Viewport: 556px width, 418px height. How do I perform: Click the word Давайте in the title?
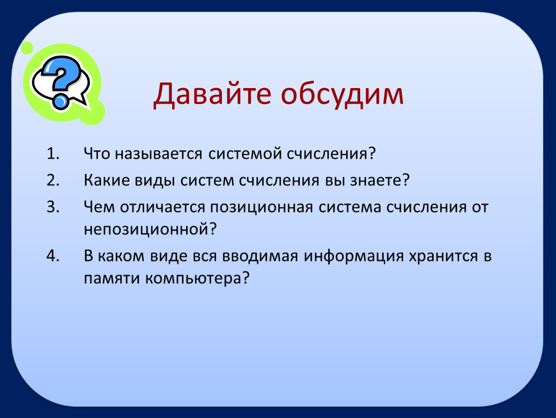click(x=212, y=94)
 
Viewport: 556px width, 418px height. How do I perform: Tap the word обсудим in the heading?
click(x=342, y=94)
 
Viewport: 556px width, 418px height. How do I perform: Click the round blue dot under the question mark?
click(x=60, y=102)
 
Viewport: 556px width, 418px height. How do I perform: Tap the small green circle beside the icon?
click(x=27, y=48)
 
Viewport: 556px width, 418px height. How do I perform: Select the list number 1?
click(x=53, y=154)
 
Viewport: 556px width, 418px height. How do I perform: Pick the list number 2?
click(x=53, y=180)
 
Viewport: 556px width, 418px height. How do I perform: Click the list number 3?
click(x=53, y=207)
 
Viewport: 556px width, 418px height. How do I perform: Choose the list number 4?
click(x=53, y=256)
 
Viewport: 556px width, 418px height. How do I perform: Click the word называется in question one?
click(x=158, y=154)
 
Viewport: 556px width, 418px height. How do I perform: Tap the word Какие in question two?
click(x=106, y=180)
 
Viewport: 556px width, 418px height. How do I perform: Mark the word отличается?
click(x=162, y=207)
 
